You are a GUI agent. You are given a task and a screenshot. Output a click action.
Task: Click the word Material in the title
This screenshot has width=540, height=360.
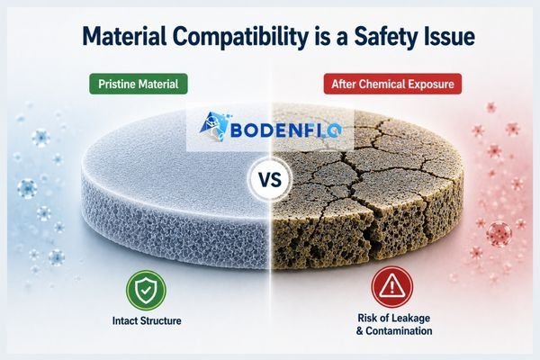(x=124, y=35)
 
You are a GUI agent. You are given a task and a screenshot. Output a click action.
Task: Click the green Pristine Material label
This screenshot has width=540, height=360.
(x=139, y=84)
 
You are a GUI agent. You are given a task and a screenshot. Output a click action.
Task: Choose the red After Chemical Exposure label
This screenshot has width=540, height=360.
(x=392, y=84)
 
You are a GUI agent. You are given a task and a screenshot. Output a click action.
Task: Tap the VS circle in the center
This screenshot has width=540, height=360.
(x=270, y=180)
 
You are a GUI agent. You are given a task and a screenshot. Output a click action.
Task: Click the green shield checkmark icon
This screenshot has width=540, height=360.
(x=146, y=290)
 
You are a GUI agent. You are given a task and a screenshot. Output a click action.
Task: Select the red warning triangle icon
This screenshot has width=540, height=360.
(x=391, y=287)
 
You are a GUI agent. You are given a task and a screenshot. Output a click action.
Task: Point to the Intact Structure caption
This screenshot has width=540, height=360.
(x=147, y=320)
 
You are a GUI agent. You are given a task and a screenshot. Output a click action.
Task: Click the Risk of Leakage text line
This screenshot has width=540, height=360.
(x=393, y=318)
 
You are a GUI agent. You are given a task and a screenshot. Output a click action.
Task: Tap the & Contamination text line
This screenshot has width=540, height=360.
(x=394, y=331)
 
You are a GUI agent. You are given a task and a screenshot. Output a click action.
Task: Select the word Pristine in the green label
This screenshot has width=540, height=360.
(x=115, y=84)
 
